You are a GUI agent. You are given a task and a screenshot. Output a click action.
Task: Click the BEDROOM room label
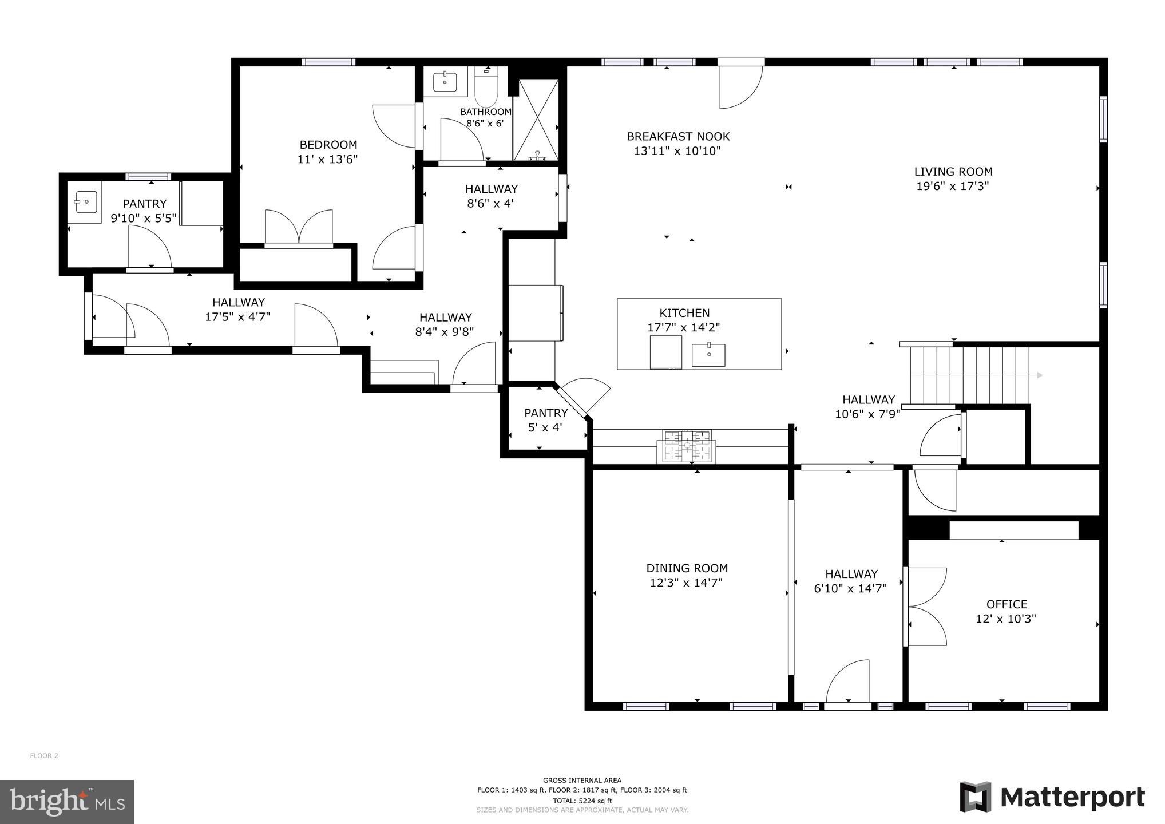(x=328, y=145)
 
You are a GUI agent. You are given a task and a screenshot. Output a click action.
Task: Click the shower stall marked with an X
(x=536, y=119)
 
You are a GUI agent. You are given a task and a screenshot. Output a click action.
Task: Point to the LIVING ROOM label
(x=953, y=171)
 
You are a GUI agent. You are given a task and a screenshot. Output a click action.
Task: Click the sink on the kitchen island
(x=708, y=355)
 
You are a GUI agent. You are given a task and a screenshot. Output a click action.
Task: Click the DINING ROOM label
(x=687, y=568)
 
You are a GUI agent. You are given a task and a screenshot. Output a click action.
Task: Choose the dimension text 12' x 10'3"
(x=1006, y=619)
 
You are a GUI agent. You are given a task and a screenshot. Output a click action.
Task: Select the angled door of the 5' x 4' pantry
(x=585, y=395)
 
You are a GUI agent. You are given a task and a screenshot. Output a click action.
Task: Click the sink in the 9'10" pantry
(x=86, y=201)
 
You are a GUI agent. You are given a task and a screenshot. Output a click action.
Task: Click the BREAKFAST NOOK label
(x=678, y=137)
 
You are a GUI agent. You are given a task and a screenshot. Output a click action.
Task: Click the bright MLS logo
(x=67, y=802)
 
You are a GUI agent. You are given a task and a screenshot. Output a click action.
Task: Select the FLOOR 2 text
(x=44, y=756)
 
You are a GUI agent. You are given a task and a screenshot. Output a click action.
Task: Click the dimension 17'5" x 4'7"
(x=237, y=316)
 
